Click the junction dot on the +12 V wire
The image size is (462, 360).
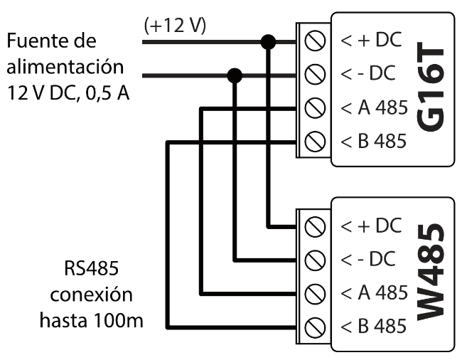[268, 42]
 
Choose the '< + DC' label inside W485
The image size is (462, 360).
[370, 227]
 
